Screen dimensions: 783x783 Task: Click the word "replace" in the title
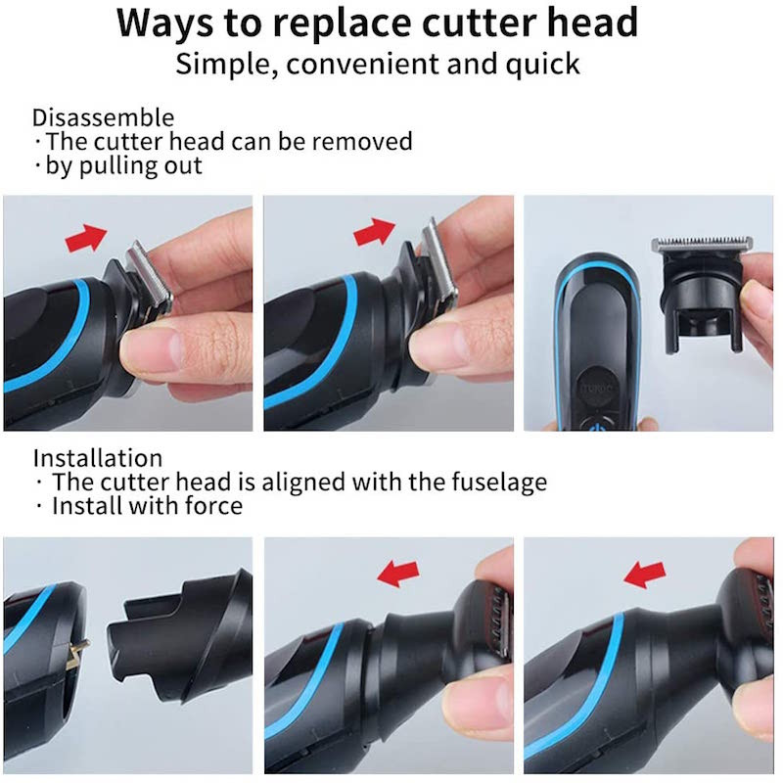pos(341,23)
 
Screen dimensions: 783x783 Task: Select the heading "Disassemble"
pos(104,118)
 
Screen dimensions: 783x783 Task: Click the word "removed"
pos(362,141)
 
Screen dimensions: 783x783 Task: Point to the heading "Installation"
pos(98,458)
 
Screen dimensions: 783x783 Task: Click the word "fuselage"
pos(499,483)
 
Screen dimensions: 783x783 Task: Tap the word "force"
pos(213,505)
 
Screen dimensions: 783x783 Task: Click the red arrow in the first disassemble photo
pos(86,238)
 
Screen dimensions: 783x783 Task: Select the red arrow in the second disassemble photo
pos(375,232)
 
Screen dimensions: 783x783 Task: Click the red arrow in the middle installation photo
pos(398,573)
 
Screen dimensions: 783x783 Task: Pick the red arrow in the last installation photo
pos(645,575)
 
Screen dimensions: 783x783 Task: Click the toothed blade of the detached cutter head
pos(702,244)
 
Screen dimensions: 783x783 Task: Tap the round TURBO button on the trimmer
pos(598,388)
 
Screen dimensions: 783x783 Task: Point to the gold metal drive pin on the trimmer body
pos(77,653)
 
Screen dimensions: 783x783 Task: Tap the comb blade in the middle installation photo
pos(500,622)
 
